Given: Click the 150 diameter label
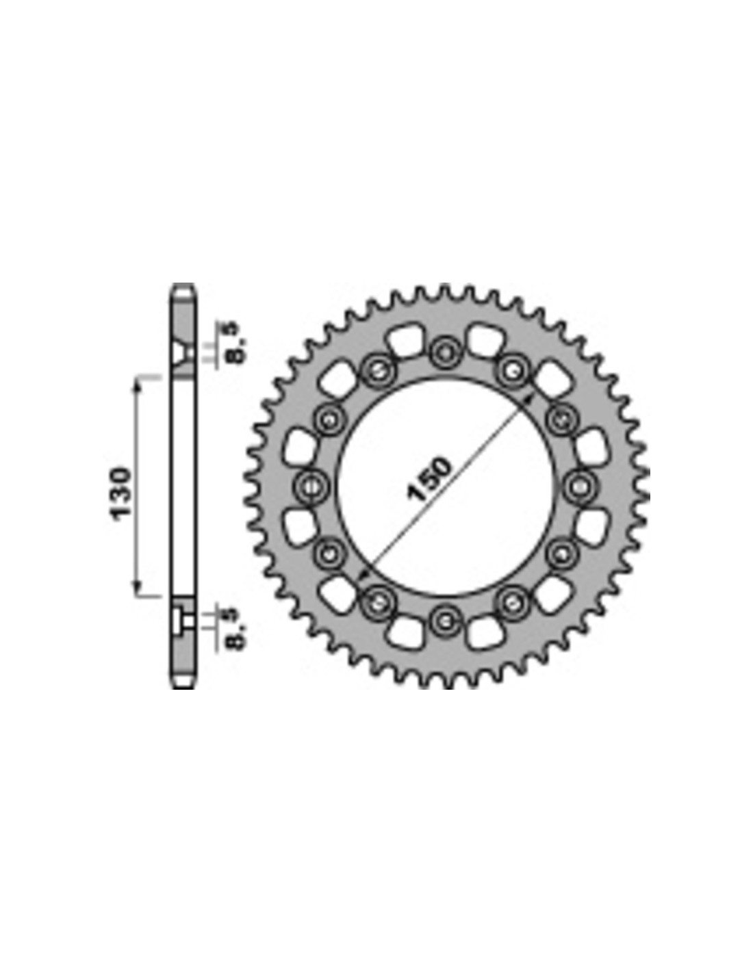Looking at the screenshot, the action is [x=429, y=479].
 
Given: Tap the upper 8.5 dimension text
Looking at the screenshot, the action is [x=235, y=341].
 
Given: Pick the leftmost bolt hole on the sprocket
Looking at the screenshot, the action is [x=312, y=485].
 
